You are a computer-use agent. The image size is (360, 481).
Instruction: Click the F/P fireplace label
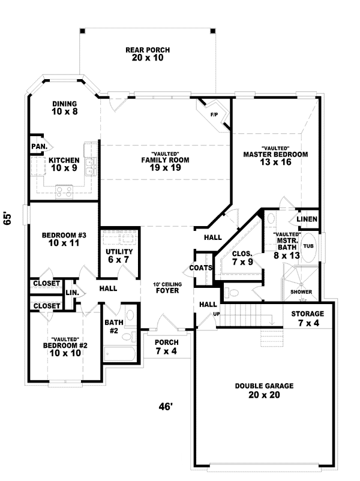coord(214,115)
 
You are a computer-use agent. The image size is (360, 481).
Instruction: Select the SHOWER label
coord(301,291)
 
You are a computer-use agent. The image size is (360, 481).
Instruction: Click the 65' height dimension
coord(7,218)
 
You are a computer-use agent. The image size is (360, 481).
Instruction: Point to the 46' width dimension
coord(166,407)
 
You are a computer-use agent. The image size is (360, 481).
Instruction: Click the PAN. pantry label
coord(39,146)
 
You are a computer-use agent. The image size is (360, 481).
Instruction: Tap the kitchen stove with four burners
coord(64,192)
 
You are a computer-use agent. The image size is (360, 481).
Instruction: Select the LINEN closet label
coord(307,219)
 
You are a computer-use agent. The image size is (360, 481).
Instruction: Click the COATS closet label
coord(201,268)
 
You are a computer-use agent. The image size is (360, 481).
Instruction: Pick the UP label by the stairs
coord(217,314)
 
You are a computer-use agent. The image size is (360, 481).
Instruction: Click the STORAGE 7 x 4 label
coord(308,318)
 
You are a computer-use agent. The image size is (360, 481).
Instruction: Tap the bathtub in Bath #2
coord(119,354)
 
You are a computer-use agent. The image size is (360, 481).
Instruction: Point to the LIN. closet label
coord(73,293)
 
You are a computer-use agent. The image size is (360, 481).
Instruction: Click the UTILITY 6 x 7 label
coord(119,256)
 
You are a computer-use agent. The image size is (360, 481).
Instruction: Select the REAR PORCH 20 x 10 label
coord(148,54)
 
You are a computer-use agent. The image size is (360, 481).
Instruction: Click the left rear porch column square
coord(82,31)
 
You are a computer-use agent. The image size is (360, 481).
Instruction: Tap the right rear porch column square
coord(212,31)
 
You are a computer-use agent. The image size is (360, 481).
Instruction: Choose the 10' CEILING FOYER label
coord(167,288)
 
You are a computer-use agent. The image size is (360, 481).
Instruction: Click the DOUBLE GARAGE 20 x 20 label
coord(264,390)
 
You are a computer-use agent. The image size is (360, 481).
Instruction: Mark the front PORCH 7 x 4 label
coord(167,347)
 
